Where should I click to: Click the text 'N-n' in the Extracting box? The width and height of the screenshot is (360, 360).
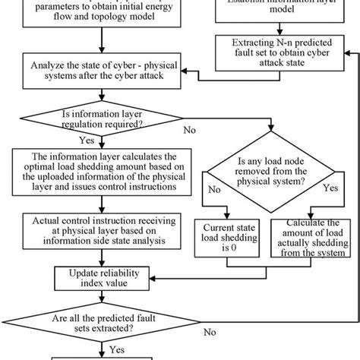(290, 48)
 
